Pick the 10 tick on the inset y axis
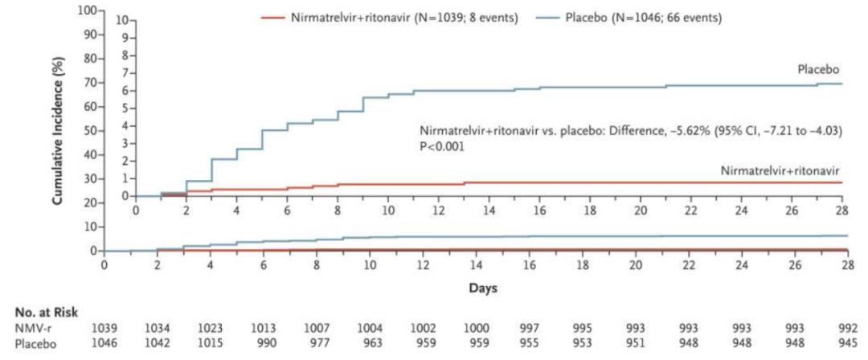121,19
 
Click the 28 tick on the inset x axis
842,210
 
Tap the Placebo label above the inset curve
818,71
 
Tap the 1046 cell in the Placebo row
104,341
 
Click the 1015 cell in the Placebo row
211,341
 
